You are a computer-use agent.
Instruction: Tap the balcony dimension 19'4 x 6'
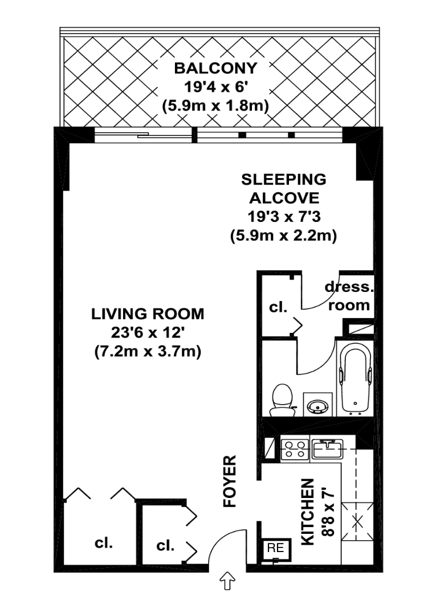[x=215, y=87]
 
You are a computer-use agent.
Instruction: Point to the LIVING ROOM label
[x=148, y=314]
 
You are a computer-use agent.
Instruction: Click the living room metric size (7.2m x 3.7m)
[x=148, y=352]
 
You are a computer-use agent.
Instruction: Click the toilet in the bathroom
[x=282, y=398]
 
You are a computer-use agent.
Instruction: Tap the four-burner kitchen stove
[x=296, y=449]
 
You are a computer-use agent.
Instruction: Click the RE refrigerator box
[x=276, y=549]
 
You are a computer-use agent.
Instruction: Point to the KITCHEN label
[x=307, y=511]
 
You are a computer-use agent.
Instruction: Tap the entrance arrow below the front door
[x=227, y=582]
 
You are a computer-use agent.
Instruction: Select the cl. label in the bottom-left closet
[x=103, y=542]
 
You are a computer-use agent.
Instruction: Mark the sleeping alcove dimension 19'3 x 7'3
[x=283, y=217]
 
